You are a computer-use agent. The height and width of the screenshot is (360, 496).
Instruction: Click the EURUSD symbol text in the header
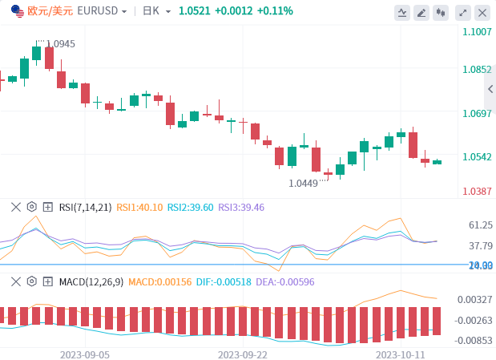click(98, 11)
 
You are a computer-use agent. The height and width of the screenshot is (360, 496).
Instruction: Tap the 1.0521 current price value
click(194, 11)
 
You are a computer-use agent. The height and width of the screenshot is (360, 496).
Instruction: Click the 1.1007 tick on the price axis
click(477, 32)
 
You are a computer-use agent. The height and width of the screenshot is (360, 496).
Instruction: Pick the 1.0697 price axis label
click(477, 114)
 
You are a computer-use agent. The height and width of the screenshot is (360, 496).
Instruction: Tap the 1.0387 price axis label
click(477, 192)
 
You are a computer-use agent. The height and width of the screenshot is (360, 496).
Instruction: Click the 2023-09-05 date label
click(84, 353)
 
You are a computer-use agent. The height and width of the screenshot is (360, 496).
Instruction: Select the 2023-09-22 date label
click(242, 353)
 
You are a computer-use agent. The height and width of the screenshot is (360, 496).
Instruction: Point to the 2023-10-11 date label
click(401, 353)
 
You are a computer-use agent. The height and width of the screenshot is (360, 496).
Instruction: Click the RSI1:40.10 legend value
click(140, 207)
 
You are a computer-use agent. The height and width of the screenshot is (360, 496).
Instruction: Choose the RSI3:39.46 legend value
click(241, 207)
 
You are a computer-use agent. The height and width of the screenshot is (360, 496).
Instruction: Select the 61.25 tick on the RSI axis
click(480, 225)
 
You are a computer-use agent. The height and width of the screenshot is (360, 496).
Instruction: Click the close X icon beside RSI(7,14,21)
click(16, 207)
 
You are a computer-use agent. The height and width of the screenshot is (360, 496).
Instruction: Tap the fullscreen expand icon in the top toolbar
click(462, 12)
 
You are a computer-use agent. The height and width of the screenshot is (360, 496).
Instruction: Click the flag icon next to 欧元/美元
click(17, 11)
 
